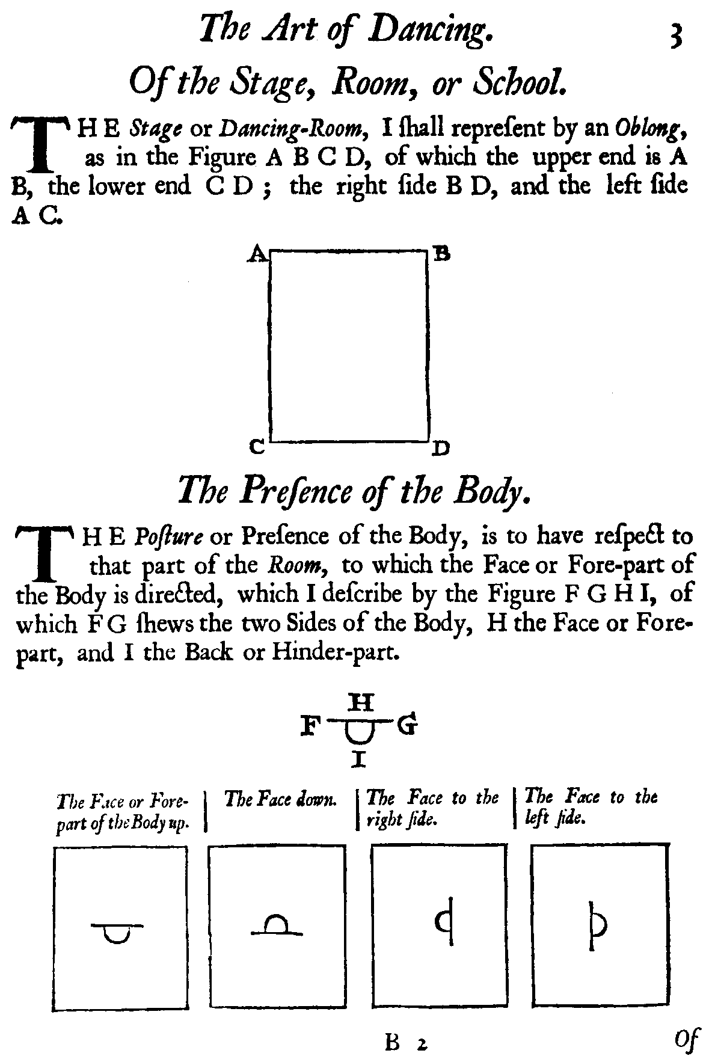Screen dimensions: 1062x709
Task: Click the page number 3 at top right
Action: point(675,35)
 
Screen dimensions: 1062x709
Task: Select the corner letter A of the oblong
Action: point(256,256)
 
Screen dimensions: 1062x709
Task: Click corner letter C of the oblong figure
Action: point(257,447)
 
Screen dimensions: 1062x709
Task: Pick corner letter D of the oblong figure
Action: point(441,448)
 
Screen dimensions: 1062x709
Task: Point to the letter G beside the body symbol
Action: point(408,726)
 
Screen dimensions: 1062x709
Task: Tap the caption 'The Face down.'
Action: point(280,799)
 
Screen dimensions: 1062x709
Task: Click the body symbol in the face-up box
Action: point(117,931)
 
